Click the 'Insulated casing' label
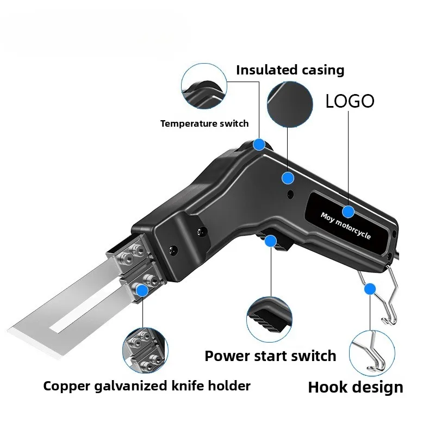coord(290,70)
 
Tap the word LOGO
coord(350,101)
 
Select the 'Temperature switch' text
coord(204,123)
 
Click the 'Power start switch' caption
coord(270,356)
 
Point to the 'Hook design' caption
coord(356,387)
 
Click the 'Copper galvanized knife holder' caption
coord(147,386)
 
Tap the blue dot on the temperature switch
coord(259,145)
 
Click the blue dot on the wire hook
coord(370,288)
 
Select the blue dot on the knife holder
coord(142,290)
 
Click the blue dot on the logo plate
coord(348,212)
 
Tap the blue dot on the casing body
coord(288,177)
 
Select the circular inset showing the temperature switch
coord(203,85)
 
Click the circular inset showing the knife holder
coord(145,348)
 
